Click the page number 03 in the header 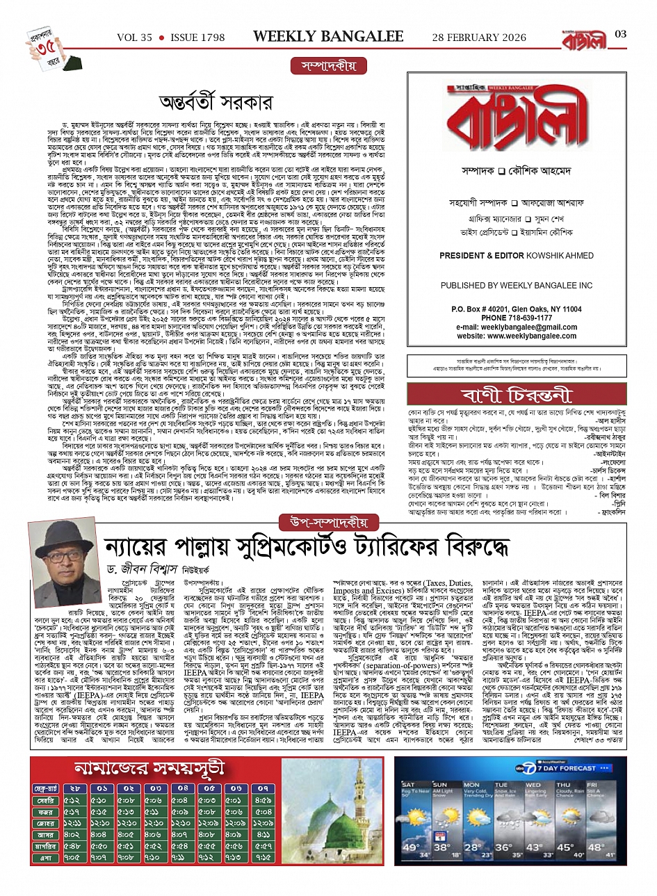(x=621, y=34)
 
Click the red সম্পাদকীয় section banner (x=328, y=66)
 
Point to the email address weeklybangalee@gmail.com (x=517, y=327)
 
